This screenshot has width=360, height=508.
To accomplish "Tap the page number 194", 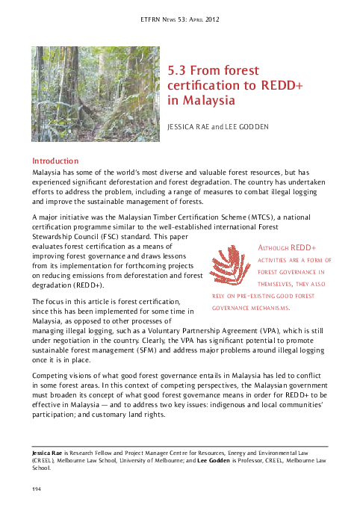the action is tap(36, 488).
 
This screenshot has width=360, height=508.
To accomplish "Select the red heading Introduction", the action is tap(55, 161).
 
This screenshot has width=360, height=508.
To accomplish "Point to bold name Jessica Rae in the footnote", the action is tap(47, 453).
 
